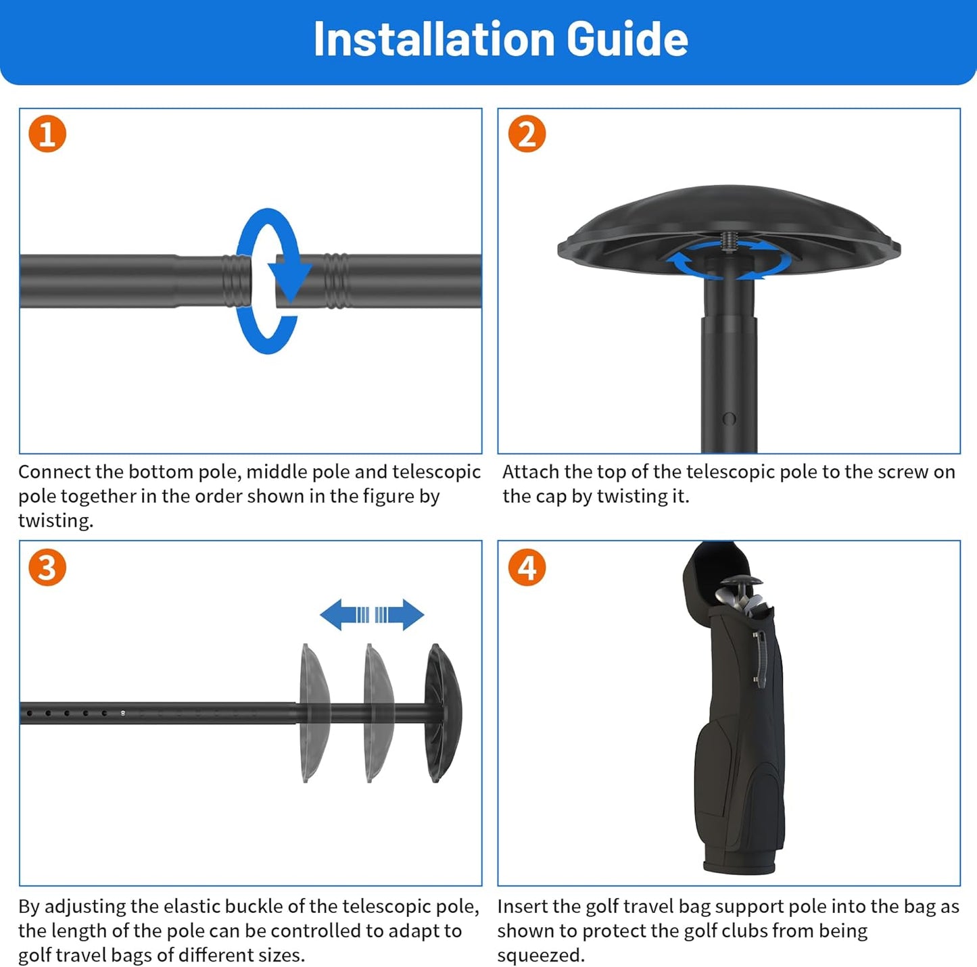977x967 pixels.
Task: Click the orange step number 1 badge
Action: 47,134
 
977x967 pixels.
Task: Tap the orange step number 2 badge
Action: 527,134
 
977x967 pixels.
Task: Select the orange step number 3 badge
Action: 47,567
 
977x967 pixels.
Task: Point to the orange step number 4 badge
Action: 527,567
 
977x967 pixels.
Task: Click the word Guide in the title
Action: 627,39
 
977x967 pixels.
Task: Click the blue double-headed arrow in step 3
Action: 372,614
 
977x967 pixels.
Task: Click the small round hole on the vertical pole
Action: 729,418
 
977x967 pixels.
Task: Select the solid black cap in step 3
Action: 442,713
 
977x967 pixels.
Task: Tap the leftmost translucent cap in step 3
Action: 313,713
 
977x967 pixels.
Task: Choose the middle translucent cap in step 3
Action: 377,713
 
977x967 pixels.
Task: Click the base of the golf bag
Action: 738,864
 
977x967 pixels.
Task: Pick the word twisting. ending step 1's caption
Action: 55,521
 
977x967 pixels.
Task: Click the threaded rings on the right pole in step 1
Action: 336,280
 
